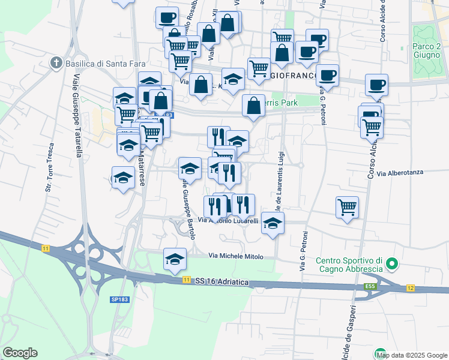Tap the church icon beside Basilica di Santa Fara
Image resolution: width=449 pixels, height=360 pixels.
click(56, 62)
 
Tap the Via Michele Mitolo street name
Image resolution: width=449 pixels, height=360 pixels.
click(236, 256)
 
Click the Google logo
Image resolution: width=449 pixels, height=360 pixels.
click(20, 353)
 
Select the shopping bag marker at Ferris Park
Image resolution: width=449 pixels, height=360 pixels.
click(254, 106)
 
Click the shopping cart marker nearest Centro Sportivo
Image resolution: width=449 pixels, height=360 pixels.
click(348, 208)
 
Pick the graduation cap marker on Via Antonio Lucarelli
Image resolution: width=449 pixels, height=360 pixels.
click(273, 223)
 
